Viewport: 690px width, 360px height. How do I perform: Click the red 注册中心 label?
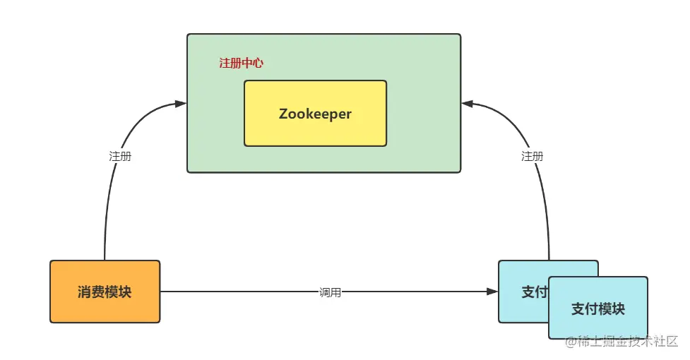(241, 63)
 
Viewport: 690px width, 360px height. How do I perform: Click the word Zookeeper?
(315, 114)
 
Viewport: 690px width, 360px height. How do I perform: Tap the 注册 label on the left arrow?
(119, 157)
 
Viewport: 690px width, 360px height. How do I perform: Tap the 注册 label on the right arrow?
(532, 157)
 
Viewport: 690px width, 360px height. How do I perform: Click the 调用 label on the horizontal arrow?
(330, 292)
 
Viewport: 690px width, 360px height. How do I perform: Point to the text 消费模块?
(105, 292)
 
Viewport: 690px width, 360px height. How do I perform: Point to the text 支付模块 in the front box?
(597, 309)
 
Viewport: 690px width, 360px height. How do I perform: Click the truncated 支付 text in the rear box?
(534, 292)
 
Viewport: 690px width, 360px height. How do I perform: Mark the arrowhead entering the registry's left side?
(181, 104)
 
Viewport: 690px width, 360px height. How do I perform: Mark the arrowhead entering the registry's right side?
(467, 104)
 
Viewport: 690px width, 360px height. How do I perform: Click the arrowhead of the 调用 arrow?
(492, 292)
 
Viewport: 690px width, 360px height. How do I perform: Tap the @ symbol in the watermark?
(570, 342)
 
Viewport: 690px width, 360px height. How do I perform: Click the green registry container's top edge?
(323, 34)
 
